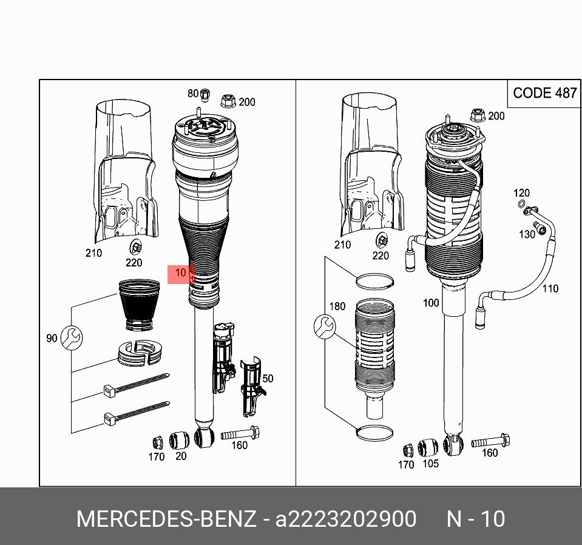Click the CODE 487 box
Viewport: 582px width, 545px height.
tap(544, 93)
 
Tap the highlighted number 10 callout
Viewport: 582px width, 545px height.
tap(181, 274)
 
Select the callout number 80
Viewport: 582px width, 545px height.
tap(193, 93)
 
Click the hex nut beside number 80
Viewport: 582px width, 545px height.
tap(204, 95)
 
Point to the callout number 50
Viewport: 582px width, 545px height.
tap(268, 379)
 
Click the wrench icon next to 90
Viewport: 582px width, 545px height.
tap(71, 337)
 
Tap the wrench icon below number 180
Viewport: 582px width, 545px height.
tap(325, 327)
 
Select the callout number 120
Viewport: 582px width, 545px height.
tap(521, 193)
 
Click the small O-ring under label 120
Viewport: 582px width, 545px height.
tap(521, 203)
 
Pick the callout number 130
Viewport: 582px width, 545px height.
tap(527, 234)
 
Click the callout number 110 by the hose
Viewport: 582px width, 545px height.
tap(550, 288)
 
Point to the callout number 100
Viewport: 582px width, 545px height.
tap(431, 303)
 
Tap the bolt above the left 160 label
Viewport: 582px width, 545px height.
tap(240, 433)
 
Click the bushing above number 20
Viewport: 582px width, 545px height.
tap(179, 440)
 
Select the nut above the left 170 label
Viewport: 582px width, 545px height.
tap(158, 443)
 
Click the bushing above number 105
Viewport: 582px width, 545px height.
tap(428, 448)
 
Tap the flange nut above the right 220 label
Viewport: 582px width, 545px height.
tap(382, 242)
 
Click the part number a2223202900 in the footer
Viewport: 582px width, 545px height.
tap(345, 519)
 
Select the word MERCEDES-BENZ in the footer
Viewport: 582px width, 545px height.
tap(166, 519)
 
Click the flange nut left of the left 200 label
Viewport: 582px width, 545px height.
tap(228, 101)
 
